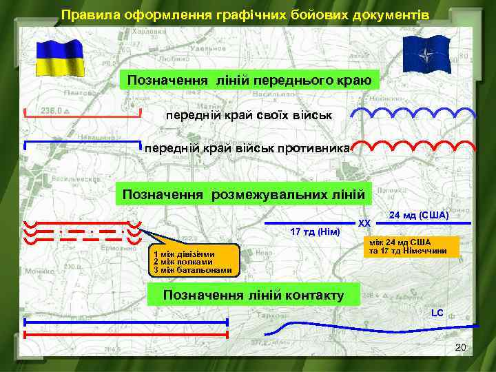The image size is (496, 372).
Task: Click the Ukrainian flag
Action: pyautogui.click(x=60, y=57)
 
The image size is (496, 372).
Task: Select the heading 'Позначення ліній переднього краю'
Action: pyautogui.click(x=249, y=81)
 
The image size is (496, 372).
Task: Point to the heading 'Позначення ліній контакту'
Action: pyautogui.click(x=253, y=296)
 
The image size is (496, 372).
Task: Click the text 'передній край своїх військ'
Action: pyautogui.click(x=248, y=114)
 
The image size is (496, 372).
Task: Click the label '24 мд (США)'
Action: pyautogui.click(x=419, y=216)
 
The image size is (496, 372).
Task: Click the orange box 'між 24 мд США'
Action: pyautogui.click(x=410, y=247)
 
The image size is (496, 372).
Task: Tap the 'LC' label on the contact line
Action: pyautogui.click(x=437, y=313)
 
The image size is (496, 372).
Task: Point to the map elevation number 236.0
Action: pyautogui.click(x=52, y=110)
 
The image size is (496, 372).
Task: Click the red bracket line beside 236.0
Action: pyautogui.click(x=83, y=116)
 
